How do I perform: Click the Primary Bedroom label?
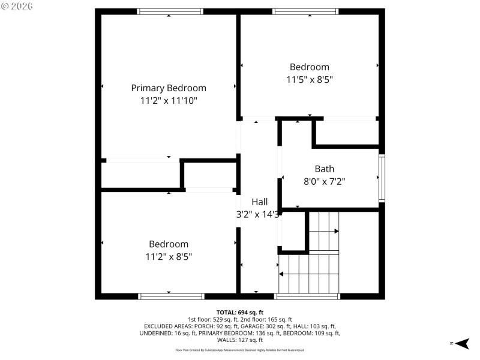169,88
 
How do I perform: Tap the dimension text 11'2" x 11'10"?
169,101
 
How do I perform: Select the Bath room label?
324,169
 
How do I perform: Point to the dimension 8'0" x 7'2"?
324,181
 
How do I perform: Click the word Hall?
259,202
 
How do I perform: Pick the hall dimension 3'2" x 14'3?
257,214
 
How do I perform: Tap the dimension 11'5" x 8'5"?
309,79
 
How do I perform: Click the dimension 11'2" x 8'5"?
169,256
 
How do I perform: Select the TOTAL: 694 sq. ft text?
239,312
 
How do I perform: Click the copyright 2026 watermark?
17,7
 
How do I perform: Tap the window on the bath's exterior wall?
382,178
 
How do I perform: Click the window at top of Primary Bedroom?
170,11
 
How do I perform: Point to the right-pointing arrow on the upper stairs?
336,231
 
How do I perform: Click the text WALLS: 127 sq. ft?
239,340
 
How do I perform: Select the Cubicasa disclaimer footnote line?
239,350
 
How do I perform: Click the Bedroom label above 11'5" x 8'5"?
309,67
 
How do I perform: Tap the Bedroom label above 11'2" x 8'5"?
169,244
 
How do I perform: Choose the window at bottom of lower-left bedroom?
171,296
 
